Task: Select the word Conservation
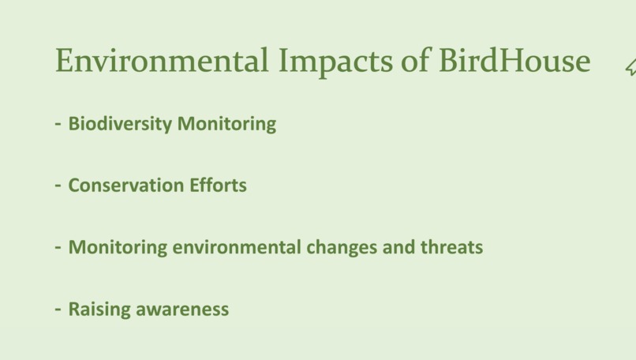click(x=125, y=186)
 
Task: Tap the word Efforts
click(x=218, y=186)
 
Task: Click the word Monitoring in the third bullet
click(x=118, y=247)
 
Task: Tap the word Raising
click(x=99, y=309)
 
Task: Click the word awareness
click(x=182, y=309)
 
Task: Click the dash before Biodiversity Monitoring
click(x=58, y=124)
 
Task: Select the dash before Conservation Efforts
click(x=58, y=186)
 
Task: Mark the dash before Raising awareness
click(x=58, y=309)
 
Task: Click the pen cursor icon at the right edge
click(x=630, y=68)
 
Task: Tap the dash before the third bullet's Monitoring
click(x=58, y=247)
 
